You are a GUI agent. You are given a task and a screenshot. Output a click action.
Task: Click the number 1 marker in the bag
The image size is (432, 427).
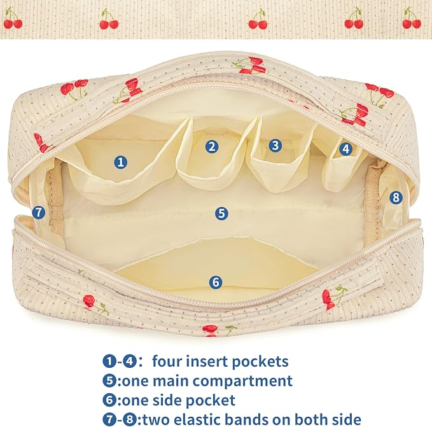[x=121, y=162]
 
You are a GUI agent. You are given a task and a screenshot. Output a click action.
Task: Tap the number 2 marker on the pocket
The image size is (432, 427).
[x=212, y=146]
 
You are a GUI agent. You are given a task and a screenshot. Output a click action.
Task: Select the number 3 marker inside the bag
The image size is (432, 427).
[x=275, y=145]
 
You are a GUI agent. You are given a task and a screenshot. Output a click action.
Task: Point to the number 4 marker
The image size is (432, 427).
[x=346, y=149]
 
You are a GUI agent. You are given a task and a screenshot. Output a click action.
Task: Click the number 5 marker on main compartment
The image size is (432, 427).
[x=221, y=213]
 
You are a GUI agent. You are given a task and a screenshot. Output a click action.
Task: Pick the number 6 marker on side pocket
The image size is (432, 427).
[x=216, y=282]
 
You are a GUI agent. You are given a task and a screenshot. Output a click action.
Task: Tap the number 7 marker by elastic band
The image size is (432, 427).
[x=39, y=213]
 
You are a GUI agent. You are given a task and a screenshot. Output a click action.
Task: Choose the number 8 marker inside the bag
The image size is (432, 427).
[x=396, y=197]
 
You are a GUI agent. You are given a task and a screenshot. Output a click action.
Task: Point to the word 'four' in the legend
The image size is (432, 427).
[x=169, y=361]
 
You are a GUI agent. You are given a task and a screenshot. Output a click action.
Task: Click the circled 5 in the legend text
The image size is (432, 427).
[x=109, y=381]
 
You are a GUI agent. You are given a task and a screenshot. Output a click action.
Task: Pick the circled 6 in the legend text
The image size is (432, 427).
[x=109, y=400]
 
